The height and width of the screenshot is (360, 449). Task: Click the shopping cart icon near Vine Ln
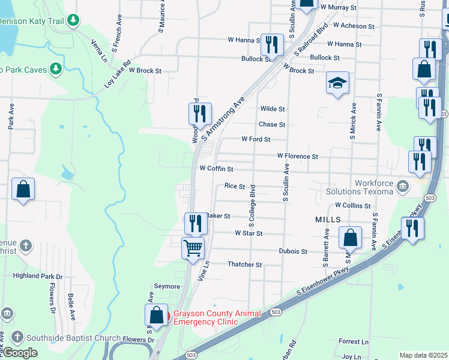click(193, 247)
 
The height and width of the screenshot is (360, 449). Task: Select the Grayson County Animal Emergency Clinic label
click(217, 317)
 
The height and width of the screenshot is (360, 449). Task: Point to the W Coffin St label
click(216, 169)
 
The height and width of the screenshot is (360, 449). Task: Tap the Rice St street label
click(235, 187)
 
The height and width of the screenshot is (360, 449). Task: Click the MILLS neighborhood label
click(328, 220)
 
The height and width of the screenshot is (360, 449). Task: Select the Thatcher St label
click(245, 265)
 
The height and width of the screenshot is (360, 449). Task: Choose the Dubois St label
click(293, 251)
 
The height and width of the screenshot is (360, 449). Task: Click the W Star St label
click(249, 233)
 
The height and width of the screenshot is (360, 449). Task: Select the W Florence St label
click(297, 156)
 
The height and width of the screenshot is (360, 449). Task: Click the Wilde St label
click(272, 109)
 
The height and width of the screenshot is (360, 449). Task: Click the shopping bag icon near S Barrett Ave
click(351, 238)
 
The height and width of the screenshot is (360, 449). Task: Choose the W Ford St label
click(256, 139)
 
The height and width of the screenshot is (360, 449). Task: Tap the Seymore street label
click(167, 286)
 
